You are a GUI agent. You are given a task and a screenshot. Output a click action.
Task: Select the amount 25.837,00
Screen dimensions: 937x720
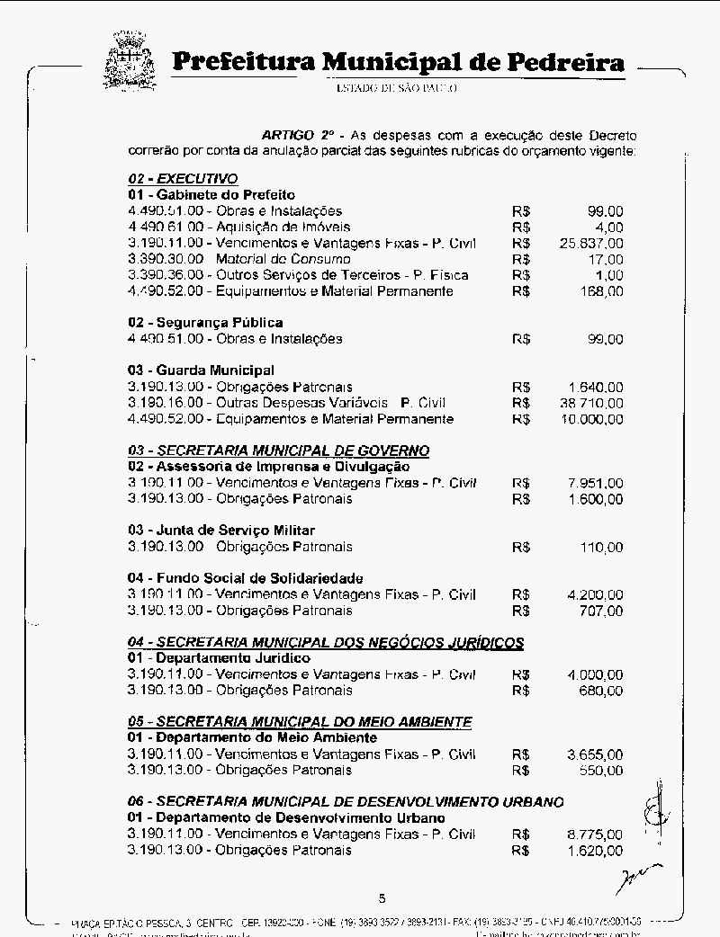point(590,244)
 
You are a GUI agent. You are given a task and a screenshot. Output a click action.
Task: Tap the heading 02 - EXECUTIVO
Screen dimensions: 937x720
point(183,179)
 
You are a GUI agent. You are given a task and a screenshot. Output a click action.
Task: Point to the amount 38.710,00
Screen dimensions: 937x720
point(590,403)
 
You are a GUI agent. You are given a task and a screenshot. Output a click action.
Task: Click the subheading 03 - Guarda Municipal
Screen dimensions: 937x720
point(201,370)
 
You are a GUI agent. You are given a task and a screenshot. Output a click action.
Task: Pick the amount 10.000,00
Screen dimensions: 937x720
point(590,419)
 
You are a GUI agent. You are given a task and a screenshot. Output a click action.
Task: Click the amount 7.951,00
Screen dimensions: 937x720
point(595,483)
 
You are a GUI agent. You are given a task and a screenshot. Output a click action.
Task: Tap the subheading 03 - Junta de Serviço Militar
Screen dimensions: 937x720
point(221,531)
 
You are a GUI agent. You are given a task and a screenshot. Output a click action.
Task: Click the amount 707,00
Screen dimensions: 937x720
point(601,611)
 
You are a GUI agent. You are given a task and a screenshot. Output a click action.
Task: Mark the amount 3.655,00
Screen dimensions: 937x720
point(595,754)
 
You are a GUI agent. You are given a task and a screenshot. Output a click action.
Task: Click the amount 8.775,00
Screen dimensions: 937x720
point(595,834)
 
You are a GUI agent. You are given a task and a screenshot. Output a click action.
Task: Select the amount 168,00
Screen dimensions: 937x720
point(601,291)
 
